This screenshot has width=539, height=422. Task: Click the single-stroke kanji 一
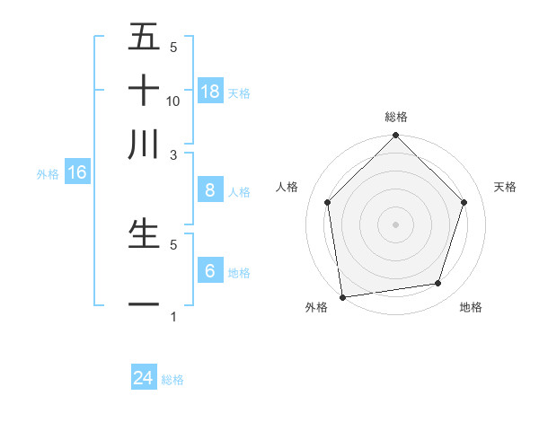144,305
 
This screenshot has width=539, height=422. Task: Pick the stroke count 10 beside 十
173,101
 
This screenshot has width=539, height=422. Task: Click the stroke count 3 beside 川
173,154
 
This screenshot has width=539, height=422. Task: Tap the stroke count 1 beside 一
173,317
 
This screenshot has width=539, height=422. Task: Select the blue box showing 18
210,91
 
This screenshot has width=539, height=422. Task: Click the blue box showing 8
210,189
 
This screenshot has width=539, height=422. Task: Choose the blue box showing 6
210,270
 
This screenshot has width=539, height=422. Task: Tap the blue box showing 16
77,172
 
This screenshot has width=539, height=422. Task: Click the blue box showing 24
144,378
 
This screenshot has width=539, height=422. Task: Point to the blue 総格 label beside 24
173,381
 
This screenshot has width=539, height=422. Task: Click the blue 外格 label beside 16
48,174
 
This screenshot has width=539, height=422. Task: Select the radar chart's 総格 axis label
395,117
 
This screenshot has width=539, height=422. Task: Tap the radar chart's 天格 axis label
505,187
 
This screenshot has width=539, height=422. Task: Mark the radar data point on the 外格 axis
342,296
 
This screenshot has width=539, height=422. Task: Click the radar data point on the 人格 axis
327,202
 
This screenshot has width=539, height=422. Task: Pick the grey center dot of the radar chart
395,224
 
